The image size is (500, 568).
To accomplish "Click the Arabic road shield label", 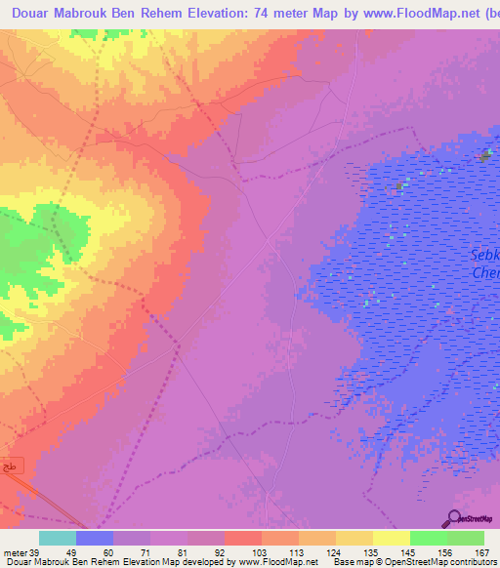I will [8, 467].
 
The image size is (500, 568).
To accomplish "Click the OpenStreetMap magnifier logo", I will [454, 518].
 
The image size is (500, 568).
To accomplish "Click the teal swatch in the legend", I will [58, 538].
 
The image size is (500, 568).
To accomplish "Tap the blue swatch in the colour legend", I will [95, 538].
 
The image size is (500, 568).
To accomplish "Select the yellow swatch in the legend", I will [391, 538].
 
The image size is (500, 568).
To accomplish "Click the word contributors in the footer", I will [468, 562].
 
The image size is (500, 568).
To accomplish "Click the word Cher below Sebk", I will [486, 273].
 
